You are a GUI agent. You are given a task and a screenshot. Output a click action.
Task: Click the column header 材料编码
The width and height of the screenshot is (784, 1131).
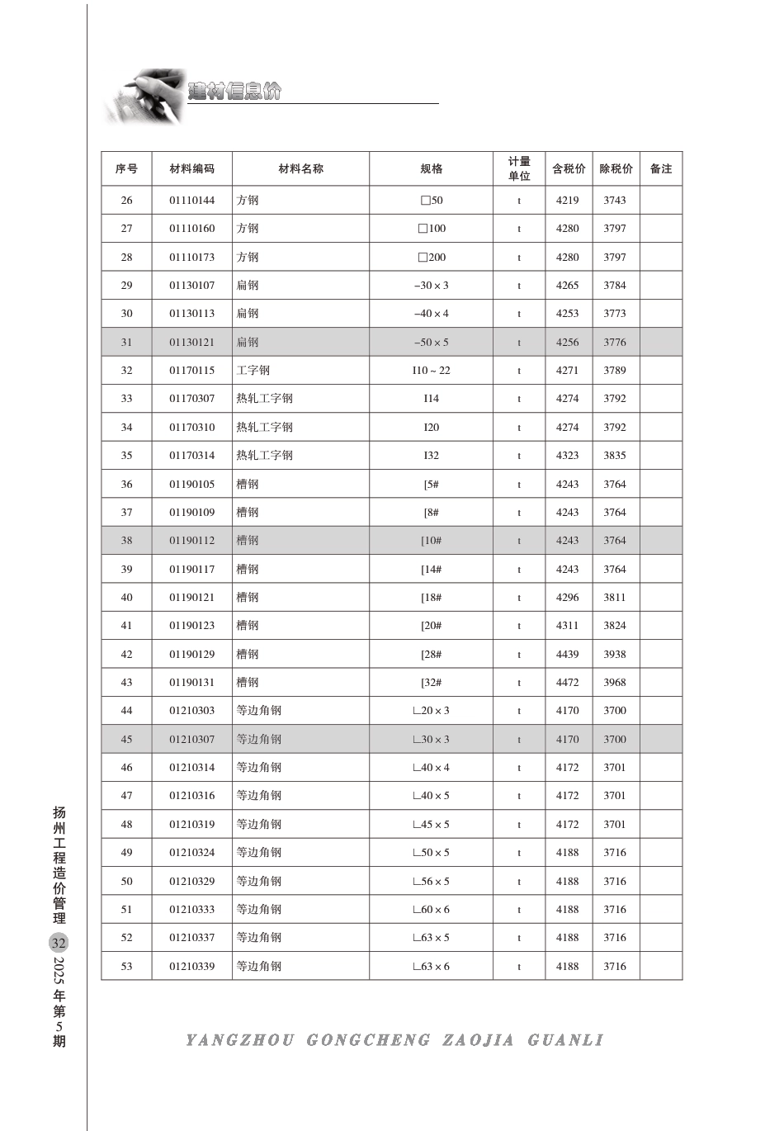click(191, 168)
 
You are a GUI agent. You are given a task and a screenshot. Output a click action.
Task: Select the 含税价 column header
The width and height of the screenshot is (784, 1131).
click(568, 168)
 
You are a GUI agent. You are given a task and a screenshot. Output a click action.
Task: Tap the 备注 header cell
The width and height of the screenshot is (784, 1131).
click(661, 168)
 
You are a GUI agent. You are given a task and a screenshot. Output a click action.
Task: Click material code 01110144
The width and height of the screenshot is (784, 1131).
click(191, 201)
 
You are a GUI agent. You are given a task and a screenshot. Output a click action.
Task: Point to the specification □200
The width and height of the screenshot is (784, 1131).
click(431, 258)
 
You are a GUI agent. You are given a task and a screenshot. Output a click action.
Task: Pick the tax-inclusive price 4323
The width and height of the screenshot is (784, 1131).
click(567, 456)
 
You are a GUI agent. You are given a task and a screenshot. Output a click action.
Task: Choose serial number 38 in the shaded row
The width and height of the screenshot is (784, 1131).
click(126, 541)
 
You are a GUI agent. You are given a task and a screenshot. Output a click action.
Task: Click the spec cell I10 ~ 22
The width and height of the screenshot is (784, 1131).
click(431, 371)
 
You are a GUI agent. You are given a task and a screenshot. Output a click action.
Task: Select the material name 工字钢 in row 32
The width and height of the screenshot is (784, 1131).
click(253, 371)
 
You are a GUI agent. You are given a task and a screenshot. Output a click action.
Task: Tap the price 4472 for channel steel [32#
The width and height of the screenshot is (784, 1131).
click(567, 683)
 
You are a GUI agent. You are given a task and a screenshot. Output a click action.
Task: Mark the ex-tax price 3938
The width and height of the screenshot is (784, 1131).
click(614, 655)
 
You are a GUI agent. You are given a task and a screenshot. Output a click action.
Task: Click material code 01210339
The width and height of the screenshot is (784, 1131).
click(191, 967)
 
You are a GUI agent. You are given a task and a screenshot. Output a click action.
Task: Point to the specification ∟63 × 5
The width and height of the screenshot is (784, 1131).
click(431, 938)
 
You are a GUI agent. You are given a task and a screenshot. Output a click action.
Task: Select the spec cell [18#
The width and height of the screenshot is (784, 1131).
click(431, 598)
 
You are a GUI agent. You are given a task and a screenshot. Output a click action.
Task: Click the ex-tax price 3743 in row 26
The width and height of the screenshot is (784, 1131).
click(614, 201)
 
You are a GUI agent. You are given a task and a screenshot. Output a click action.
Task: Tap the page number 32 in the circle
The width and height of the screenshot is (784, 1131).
click(59, 943)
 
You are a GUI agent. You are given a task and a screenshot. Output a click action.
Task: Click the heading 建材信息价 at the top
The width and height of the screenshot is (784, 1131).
click(235, 91)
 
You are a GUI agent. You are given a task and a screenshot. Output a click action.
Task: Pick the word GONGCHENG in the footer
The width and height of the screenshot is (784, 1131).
click(368, 1040)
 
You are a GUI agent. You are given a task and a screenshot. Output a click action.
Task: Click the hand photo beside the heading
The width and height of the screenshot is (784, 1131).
click(144, 97)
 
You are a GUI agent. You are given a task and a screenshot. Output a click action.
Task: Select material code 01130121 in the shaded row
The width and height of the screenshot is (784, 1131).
click(191, 343)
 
